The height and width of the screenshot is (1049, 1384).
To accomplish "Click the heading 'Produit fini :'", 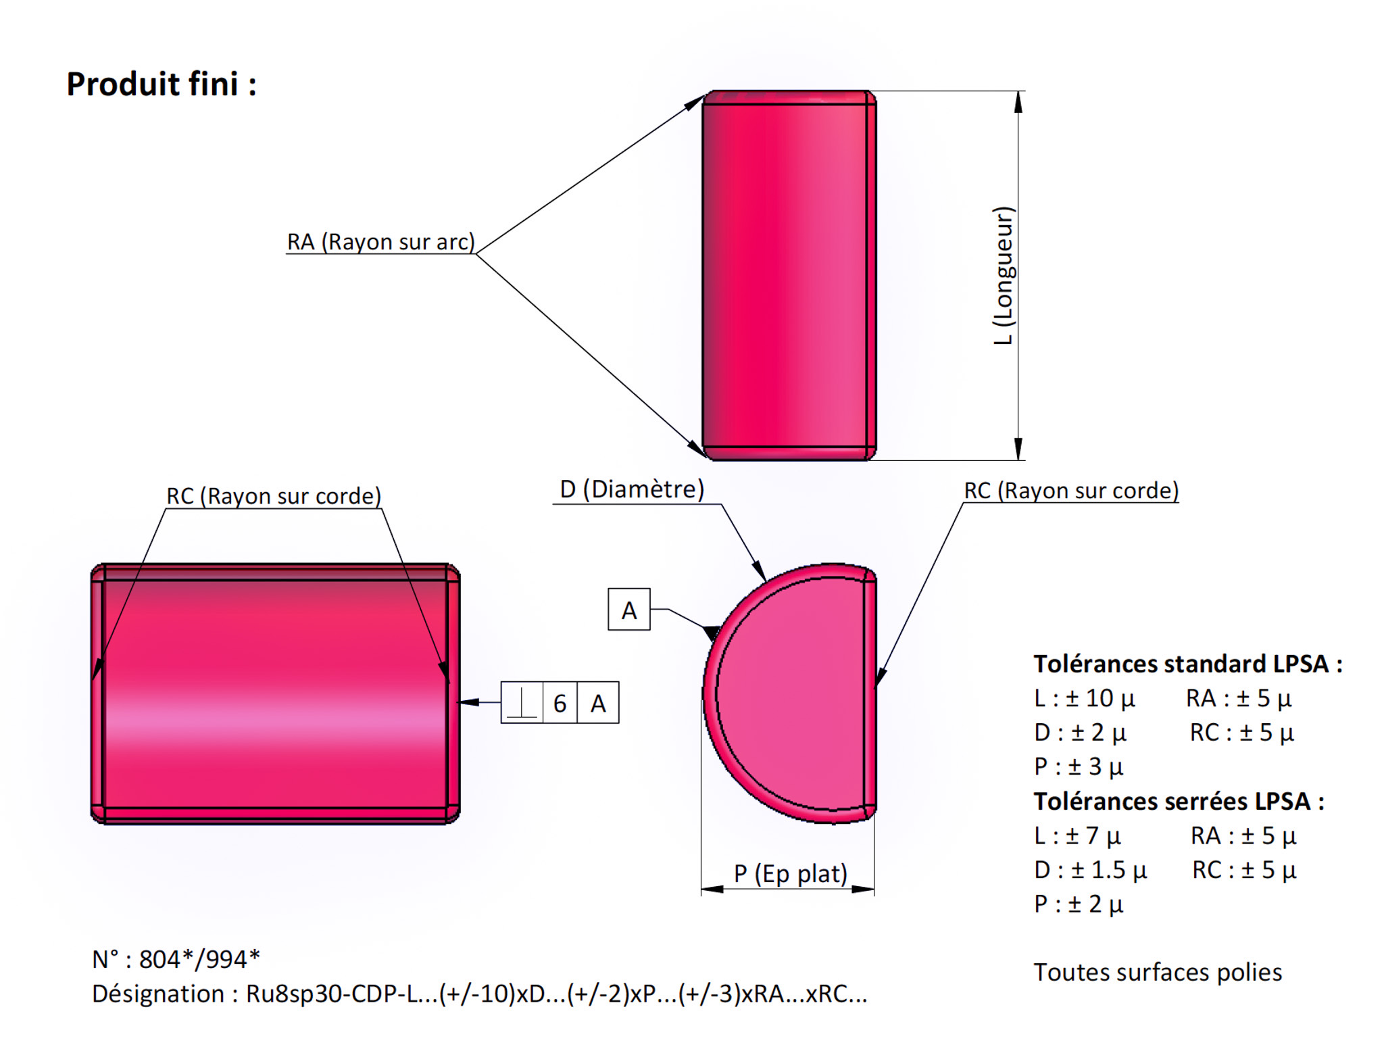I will coord(161,84).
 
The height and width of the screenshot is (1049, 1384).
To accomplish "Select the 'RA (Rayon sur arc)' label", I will coord(380,242).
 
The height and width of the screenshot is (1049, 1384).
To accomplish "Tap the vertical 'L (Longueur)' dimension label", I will coord(1004,276).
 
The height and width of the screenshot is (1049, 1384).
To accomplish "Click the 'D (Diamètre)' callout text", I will coord(632,489).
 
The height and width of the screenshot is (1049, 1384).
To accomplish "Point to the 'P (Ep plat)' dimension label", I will coord(790,873).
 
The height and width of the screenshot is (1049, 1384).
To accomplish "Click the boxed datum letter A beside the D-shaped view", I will coord(629,610).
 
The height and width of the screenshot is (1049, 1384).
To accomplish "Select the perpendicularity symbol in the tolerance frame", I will coord(522,703).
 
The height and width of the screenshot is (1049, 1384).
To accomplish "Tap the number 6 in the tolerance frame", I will coord(560,704).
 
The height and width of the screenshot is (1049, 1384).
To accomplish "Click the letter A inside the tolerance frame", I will coord(598,704).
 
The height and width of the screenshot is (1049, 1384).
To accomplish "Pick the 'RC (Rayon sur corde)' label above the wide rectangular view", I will coord(274,496).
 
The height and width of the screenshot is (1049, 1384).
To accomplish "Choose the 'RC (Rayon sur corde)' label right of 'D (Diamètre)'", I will coord(1071,491).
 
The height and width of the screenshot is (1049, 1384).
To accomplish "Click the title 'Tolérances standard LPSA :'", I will coord(1187,664).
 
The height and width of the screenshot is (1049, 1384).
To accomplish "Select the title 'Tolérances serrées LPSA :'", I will coord(1179,801).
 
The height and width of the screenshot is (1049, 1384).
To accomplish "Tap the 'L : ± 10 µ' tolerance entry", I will coord(1084,698).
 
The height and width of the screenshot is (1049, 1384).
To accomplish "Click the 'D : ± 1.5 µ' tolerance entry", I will coord(1090,870).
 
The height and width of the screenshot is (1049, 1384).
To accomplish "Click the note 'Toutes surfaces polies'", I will coord(1158,972).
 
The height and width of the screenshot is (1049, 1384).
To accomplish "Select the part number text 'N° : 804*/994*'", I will coord(176,959).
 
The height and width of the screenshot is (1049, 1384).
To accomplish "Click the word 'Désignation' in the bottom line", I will coord(157,994).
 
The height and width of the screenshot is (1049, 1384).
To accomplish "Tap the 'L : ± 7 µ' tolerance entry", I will coord(1077,836).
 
